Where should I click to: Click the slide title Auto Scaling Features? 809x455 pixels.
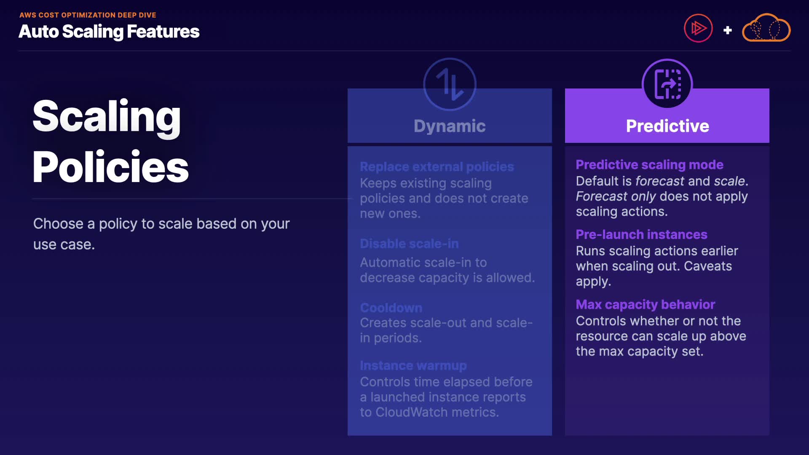[109, 32]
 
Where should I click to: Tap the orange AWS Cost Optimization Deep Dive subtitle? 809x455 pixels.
[88, 15]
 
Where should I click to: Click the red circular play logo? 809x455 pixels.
[698, 29]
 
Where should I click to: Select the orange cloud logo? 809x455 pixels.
[766, 28]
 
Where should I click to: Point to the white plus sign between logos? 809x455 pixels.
[727, 30]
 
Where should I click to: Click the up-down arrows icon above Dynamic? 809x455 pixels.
[450, 84]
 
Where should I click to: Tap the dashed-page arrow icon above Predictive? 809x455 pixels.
[667, 84]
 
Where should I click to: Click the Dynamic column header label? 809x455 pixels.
[450, 126]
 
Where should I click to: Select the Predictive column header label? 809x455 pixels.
[667, 126]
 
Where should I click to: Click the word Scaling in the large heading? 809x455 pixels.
[107, 117]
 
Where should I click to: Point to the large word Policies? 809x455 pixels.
[110, 167]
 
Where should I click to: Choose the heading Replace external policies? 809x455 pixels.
[437, 167]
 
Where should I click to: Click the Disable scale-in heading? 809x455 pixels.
[409, 244]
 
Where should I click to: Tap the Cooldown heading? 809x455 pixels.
[391, 308]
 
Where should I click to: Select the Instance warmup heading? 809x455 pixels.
[413, 366]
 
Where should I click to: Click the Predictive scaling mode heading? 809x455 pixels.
[649, 165]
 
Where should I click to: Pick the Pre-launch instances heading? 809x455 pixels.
[641, 234]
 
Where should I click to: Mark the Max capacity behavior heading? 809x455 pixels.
[646, 305]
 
